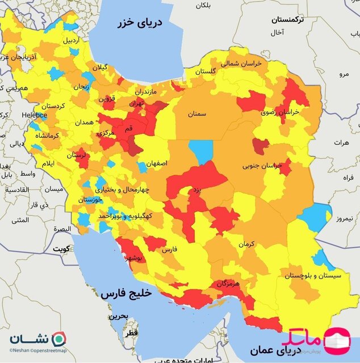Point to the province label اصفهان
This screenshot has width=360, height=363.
[157, 163]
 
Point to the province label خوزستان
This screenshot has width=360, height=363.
[90, 200]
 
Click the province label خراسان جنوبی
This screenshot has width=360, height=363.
[262, 166]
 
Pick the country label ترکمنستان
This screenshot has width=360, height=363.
[287, 19]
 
